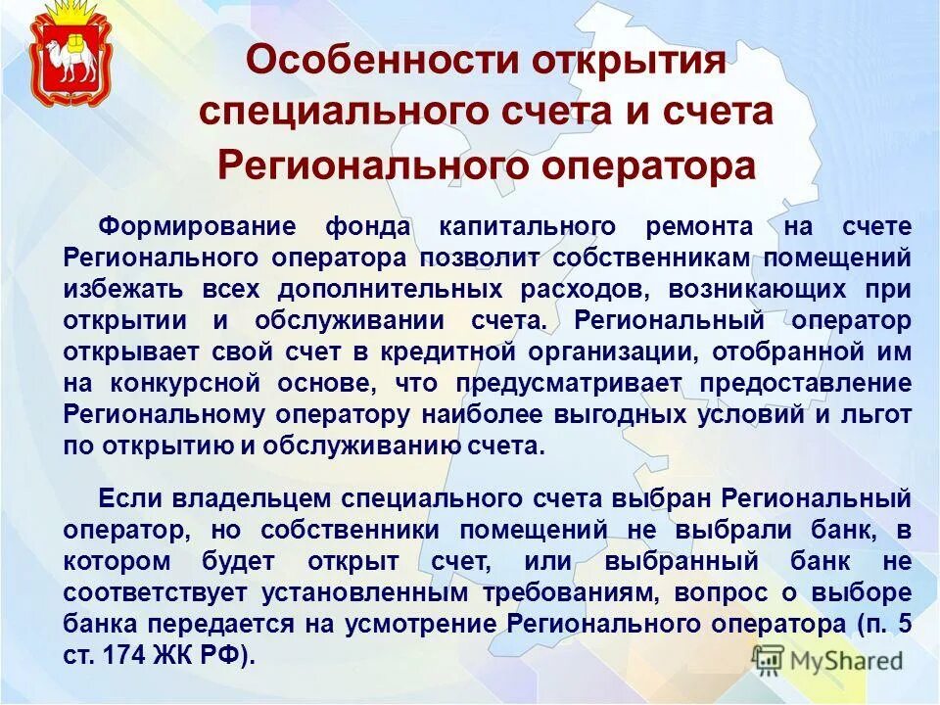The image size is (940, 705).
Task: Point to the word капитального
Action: pyautogui.click(x=528, y=227)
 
